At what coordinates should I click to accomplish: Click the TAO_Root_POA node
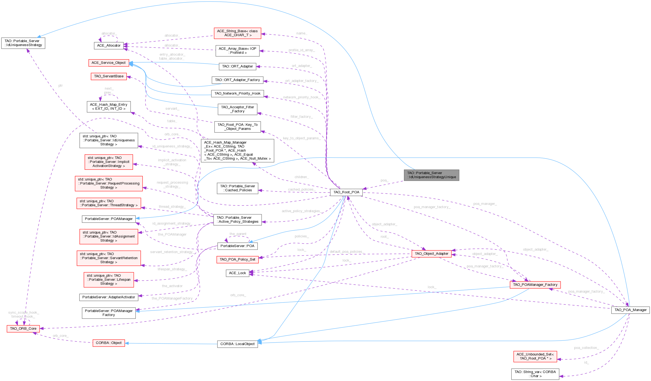pyautogui.click(x=346, y=192)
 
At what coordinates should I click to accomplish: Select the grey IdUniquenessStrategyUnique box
pyautogui.click(x=431, y=175)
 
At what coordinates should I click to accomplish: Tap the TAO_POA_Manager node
pyautogui.click(x=630, y=310)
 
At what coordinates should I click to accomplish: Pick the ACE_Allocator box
pyautogui.click(x=109, y=46)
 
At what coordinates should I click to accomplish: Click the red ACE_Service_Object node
pyautogui.click(x=108, y=63)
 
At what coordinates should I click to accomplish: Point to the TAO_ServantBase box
pyautogui.click(x=109, y=76)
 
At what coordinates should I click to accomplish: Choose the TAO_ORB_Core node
pyautogui.click(x=23, y=329)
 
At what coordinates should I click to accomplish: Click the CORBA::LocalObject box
pyautogui.click(x=237, y=344)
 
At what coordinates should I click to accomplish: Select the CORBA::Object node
pyautogui.click(x=109, y=343)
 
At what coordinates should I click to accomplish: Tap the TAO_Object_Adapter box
pyautogui.click(x=431, y=254)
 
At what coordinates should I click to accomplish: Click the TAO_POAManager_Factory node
pyautogui.click(x=535, y=285)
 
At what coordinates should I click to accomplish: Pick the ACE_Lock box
pyautogui.click(x=237, y=273)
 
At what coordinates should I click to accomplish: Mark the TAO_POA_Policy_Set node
pyautogui.click(x=237, y=259)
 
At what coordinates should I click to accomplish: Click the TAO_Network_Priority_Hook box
pyautogui.click(x=237, y=94)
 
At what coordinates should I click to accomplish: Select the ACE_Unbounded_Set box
pyautogui.click(x=535, y=356)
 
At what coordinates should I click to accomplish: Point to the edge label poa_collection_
pyautogui.click(x=586, y=348)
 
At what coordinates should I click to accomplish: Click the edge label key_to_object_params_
pyautogui.click(x=301, y=138)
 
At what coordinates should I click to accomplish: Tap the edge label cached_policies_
pyautogui.click(x=301, y=190)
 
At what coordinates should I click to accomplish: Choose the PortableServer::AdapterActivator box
pyautogui.click(x=109, y=297)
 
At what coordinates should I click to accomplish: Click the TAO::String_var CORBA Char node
pyautogui.click(x=535, y=374)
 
